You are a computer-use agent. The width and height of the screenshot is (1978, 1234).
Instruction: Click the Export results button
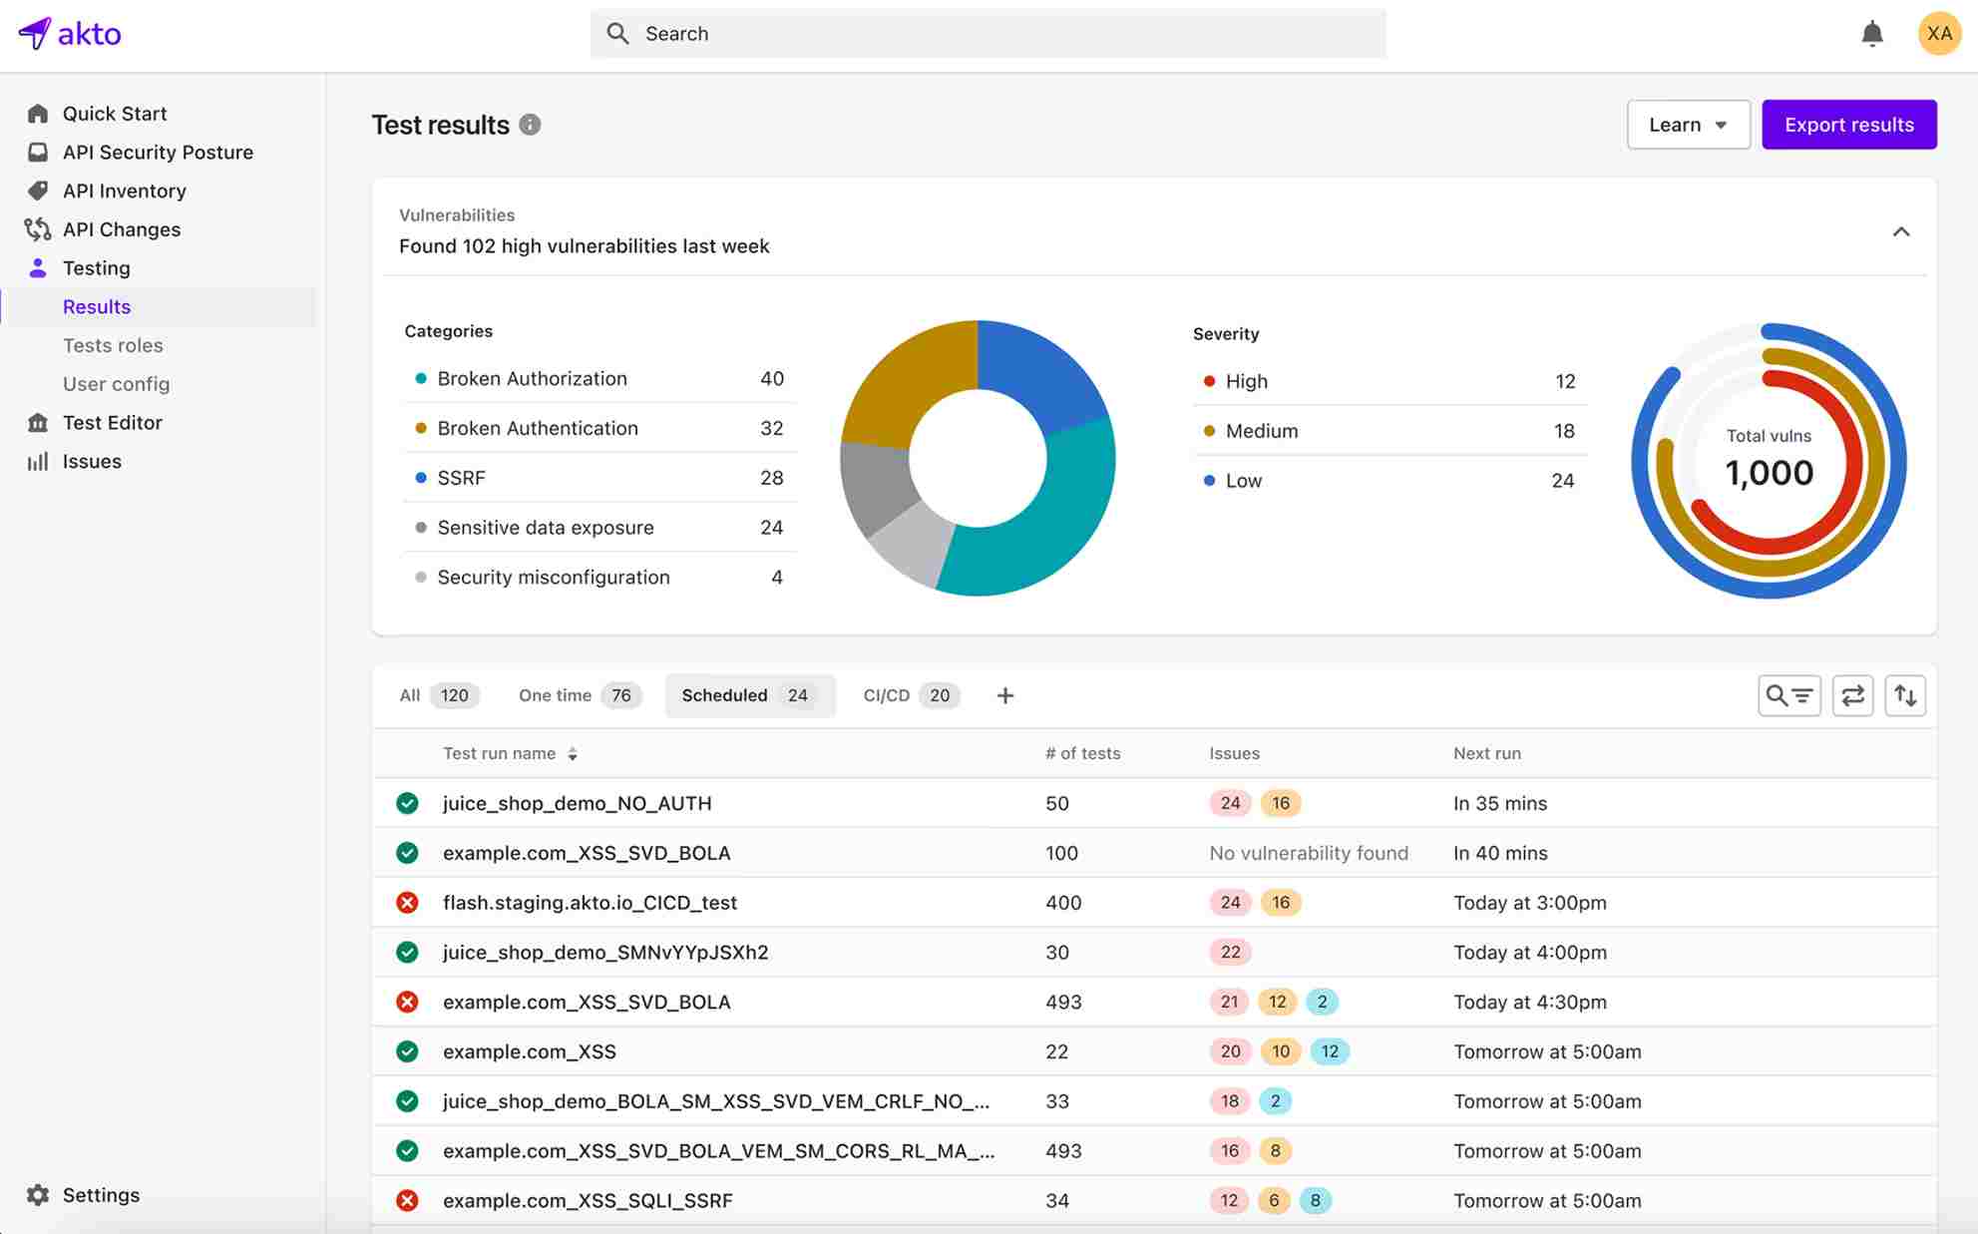(1848, 125)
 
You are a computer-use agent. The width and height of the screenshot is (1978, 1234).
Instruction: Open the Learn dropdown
(1688, 125)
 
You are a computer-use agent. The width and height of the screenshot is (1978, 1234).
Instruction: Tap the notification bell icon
(1871, 34)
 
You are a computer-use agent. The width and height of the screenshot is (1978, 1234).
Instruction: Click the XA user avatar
(1938, 34)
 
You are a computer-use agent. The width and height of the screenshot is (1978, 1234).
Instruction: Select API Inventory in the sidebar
(124, 191)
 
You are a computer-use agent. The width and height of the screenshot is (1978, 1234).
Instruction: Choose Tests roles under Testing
(113, 345)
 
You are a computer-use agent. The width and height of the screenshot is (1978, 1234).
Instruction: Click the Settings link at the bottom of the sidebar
(100, 1194)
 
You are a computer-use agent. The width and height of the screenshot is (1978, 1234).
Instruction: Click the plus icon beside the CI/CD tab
(1004, 695)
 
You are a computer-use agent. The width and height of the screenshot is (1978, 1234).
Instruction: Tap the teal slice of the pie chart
(1057, 519)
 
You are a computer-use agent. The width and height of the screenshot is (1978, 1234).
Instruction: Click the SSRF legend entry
(461, 478)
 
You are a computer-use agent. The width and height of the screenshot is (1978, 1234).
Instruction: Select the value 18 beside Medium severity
(1563, 431)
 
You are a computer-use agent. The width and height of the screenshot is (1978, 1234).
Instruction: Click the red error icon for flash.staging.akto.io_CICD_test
(407, 902)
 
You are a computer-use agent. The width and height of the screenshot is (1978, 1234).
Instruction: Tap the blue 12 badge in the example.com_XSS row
(1329, 1050)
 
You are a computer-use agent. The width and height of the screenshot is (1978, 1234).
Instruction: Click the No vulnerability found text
(1308, 853)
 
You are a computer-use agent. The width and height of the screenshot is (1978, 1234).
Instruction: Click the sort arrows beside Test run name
(573, 754)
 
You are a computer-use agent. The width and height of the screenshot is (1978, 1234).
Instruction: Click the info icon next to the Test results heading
(530, 125)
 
